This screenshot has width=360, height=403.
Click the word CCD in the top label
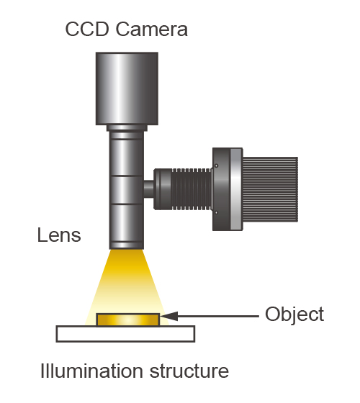click(87, 29)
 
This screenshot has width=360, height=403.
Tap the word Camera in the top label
click(152, 29)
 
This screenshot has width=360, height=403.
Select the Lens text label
click(59, 235)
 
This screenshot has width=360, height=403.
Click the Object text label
click(294, 314)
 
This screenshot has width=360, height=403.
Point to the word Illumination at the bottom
click(92, 371)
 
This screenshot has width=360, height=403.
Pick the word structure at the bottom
click(189, 371)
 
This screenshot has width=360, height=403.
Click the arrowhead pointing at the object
click(168, 316)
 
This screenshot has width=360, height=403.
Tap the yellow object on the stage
click(128, 320)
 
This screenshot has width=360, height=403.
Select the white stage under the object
click(125, 334)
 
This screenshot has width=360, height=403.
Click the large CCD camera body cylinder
click(127, 89)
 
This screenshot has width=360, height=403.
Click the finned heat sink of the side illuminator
click(270, 189)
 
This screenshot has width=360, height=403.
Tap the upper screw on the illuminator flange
click(216, 166)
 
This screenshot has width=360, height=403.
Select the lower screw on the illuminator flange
click(216, 212)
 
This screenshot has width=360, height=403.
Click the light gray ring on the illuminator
click(235, 189)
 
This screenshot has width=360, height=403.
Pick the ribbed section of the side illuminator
click(191, 189)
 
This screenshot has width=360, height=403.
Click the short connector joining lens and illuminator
click(148, 189)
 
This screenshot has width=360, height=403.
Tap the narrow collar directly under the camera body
click(127, 128)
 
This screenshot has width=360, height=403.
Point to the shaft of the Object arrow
click(218, 316)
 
